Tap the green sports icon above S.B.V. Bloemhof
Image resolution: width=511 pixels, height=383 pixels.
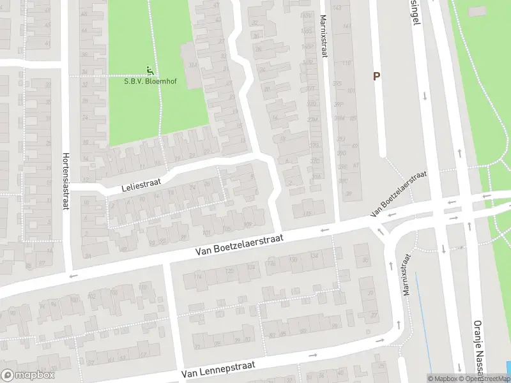tap(149, 70)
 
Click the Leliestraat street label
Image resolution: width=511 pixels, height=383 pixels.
tap(141, 185)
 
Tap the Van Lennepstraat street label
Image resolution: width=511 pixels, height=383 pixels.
tap(218, 368)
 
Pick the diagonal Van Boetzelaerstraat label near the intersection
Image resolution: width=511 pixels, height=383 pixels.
tap(399, 195)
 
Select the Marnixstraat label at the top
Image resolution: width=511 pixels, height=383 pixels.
tap(323, 36)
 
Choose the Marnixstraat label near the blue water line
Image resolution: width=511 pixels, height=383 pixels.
tap(406, 274)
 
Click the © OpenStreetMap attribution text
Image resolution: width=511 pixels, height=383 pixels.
tap(484, 379)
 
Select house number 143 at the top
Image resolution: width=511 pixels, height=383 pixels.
tap(337, 8)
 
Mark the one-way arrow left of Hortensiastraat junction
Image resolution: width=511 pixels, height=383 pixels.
tap(73, 275)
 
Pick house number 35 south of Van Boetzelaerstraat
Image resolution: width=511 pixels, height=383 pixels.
tap(365, 260)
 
